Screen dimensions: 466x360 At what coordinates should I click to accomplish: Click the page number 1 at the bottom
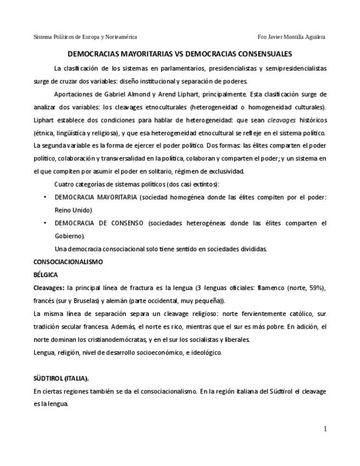(325, 429)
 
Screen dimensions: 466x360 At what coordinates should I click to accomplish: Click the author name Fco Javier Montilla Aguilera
(291, 37)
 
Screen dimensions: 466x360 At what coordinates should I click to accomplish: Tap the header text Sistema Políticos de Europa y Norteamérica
(85, 37)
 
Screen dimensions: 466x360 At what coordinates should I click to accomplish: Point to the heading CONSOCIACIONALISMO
(68, 262)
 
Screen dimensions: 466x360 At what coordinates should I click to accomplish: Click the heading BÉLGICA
(46, 275)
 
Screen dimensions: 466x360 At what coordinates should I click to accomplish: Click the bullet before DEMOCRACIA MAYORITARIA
(45, 197)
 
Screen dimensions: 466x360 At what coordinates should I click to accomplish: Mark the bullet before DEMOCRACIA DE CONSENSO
(45, 223)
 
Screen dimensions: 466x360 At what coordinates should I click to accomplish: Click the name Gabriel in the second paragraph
(104, 94)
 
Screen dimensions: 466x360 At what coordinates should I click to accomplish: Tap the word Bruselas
(93, 301)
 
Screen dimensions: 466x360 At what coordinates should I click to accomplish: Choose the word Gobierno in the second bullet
(69, 236)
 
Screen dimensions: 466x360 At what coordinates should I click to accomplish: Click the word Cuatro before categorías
(64, 184)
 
